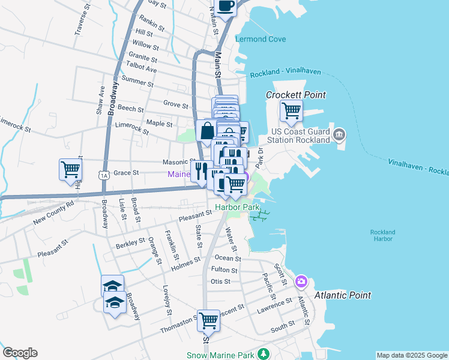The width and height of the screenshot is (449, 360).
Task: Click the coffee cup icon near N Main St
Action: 226,7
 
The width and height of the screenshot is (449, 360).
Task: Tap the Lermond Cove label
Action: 261,39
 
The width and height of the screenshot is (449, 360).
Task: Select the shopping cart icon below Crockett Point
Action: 291,110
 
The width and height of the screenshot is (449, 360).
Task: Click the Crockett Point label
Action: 296,95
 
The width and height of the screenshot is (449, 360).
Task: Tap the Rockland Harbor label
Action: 382,235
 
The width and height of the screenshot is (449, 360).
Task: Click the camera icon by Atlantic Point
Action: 301,281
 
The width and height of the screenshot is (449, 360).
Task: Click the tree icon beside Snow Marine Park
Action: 264,355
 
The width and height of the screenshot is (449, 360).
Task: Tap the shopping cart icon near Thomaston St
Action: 208,321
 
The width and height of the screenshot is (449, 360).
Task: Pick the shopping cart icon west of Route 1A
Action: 70,169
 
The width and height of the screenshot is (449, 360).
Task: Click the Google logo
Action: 20,353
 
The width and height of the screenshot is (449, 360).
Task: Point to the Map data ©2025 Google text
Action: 411,355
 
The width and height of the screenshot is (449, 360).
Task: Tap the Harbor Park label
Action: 238,207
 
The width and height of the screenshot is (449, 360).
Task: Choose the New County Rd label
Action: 53,213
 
